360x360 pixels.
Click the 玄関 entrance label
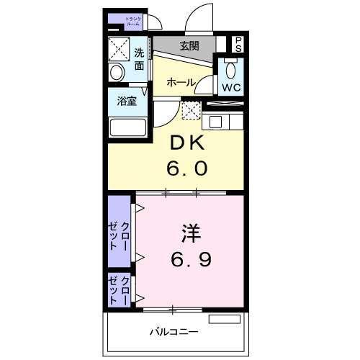(189, 46)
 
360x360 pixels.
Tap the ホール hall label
(181, 83)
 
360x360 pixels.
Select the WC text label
(230, 89)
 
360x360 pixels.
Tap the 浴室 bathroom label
(127, 102)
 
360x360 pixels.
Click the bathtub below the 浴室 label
(127, 127)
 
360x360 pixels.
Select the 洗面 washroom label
(138, 59)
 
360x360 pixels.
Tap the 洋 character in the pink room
(190, 234)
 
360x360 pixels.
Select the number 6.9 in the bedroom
(190, 258)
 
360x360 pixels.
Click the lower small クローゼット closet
(120, 289)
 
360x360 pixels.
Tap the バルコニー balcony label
(174, 333)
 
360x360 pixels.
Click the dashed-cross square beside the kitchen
(190, 111)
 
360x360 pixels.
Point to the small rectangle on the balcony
(224, 318)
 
